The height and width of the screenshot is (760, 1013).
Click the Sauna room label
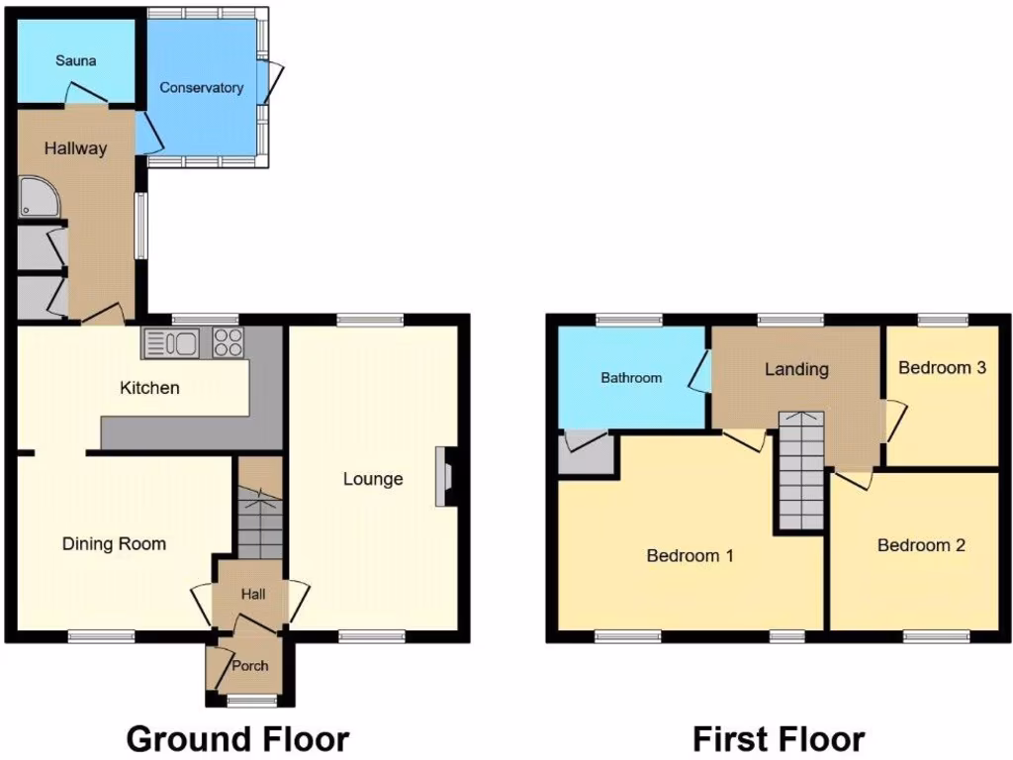click(x=75, y=61)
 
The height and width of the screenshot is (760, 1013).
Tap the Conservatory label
click(x=202, y=88)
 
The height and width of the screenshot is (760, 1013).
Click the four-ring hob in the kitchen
click(x=228, y=343)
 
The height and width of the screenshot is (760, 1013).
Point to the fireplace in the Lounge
click(x=445, y=478)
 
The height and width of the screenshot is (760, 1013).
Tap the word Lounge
click(x=373, y=479)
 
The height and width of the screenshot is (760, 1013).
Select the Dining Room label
click(x=114, y=543)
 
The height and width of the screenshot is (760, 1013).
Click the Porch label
click(x=249, y=666)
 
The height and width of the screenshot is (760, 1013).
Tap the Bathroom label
click(x=631, y=377)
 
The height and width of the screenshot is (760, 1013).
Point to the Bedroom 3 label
click(x=942, y=367)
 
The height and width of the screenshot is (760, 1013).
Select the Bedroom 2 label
click(x=921, y=545)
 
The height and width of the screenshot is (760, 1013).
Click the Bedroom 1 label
click(x=690, y=555)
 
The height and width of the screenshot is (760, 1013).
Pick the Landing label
click(x=796, y=369)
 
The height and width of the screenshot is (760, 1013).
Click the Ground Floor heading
click(x=237, y=738)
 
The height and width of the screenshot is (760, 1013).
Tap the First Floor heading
click(x=779, y=738)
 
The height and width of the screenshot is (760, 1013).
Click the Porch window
click(x=251, y=701)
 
